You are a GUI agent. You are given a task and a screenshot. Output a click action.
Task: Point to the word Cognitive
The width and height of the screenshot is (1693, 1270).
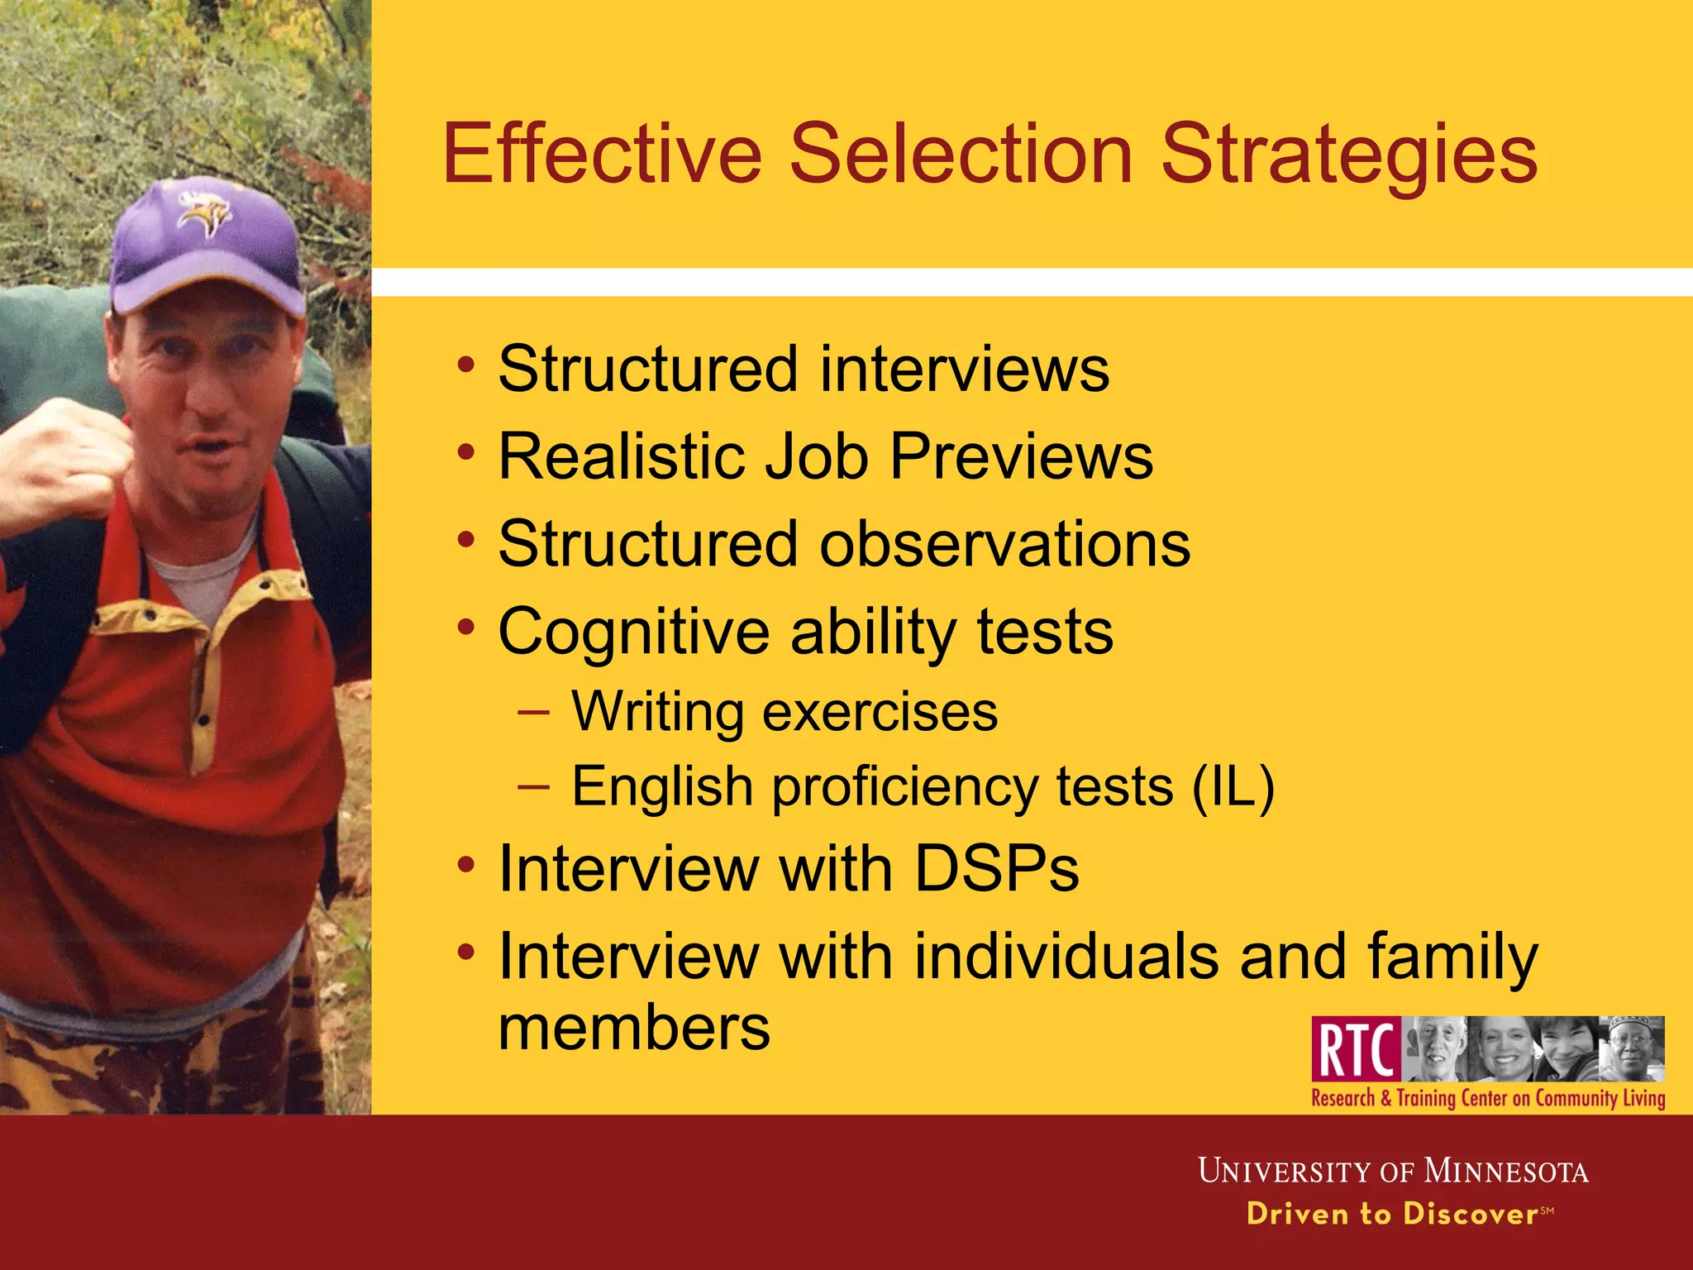coord(634,633)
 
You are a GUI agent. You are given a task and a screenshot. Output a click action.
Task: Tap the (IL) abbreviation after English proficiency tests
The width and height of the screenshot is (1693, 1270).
coord(1233,785)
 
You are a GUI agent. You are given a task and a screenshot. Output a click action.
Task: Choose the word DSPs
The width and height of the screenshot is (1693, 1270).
coord(996,869)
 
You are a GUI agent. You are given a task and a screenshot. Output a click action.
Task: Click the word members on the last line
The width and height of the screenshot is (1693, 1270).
coord(634,1028)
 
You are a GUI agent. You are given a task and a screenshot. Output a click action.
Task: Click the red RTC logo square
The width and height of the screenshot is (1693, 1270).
coord(1356,1049)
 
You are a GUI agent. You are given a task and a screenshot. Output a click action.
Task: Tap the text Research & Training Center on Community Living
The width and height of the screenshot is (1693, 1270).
coord(1488,1099)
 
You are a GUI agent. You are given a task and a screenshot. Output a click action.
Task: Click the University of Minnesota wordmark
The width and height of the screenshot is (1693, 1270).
coord(1393,1171)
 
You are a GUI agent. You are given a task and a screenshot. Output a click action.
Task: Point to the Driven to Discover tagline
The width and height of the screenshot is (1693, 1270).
coord(1392,1214)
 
